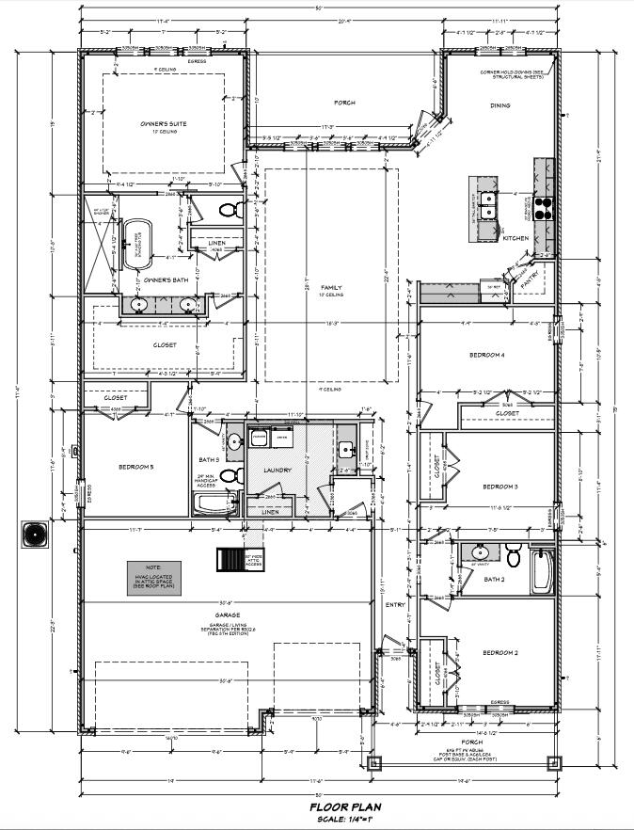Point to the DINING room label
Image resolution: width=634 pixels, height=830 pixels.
point(499,105)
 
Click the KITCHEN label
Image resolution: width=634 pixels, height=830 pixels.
point(515,238)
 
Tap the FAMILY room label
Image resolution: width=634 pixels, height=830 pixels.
point(331,287)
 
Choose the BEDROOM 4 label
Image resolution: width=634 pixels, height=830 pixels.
point(487,355)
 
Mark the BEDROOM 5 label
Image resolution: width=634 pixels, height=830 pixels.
point(135,467)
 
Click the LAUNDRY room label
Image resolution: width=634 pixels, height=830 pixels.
point(277,470)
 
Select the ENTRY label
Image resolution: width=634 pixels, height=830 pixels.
point(394,604)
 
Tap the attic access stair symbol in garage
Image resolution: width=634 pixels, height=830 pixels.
point(230,559)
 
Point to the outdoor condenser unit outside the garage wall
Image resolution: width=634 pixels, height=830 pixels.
point(35,534)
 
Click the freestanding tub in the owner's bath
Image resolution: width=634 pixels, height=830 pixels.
point(139,237)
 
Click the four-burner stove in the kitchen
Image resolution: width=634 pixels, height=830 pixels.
point(545,207)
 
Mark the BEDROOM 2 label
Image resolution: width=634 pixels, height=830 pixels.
point(500,652)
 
